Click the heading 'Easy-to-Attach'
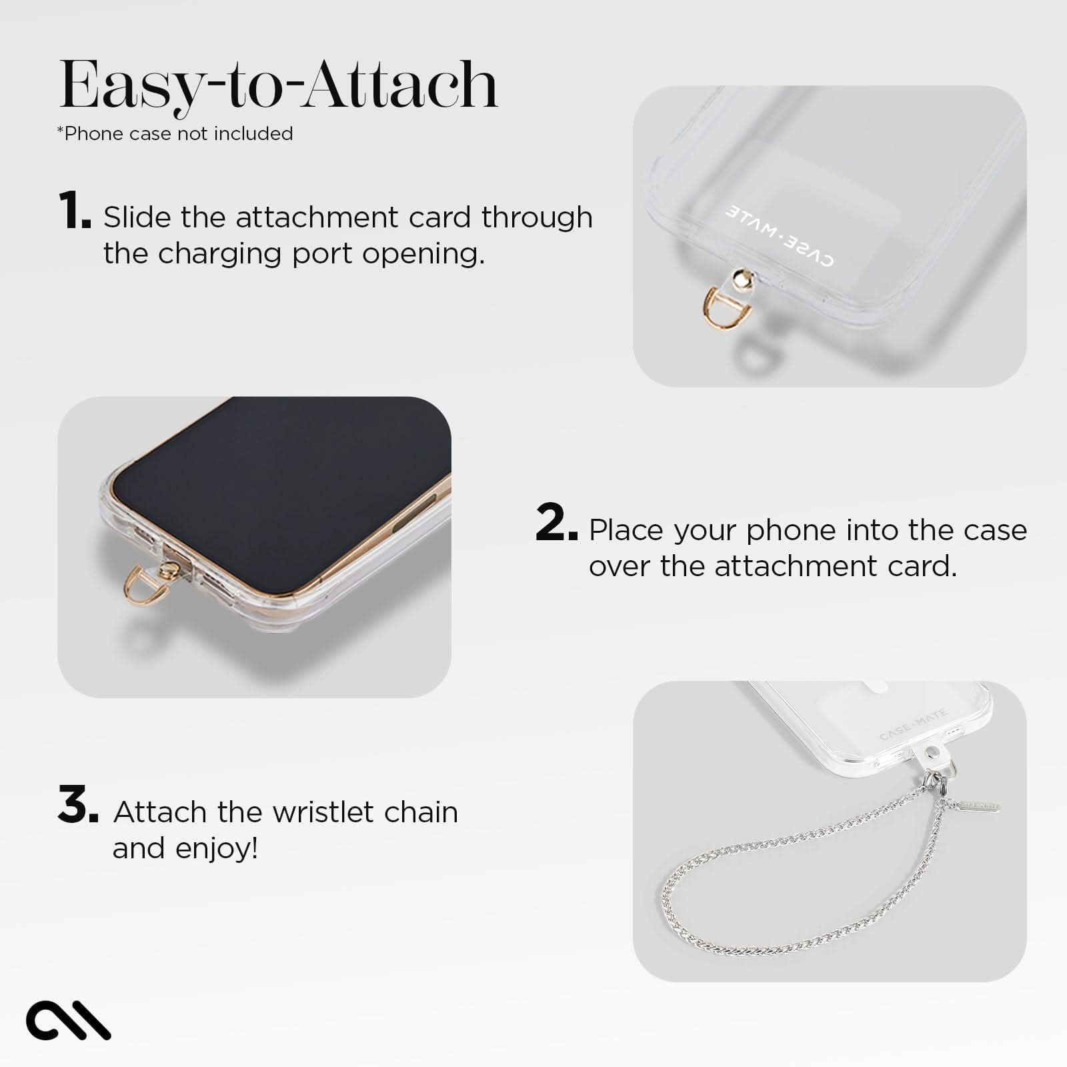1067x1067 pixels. pos(279,85)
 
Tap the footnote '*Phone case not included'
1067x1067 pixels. pos(175,134)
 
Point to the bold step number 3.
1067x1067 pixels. pos(77,805)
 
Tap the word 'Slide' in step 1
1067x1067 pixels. pos(137,217)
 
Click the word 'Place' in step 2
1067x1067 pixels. pos(626,531)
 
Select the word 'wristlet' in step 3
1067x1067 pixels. pos(318,812)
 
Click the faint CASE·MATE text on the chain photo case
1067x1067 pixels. pos(913,726)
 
